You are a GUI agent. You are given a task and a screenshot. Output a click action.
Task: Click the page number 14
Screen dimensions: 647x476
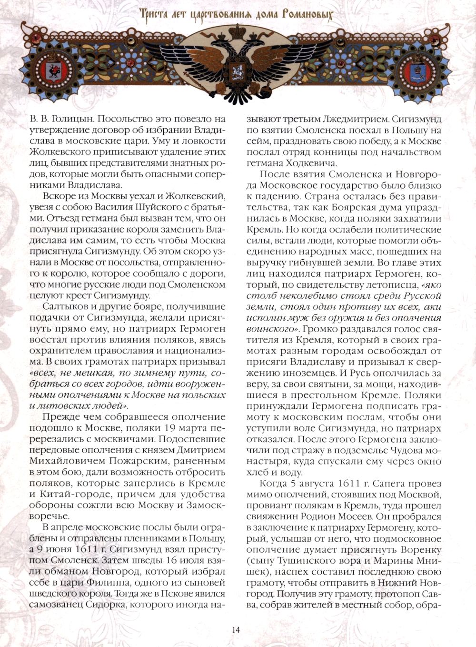pyautogui.click(x=237, y=629)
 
